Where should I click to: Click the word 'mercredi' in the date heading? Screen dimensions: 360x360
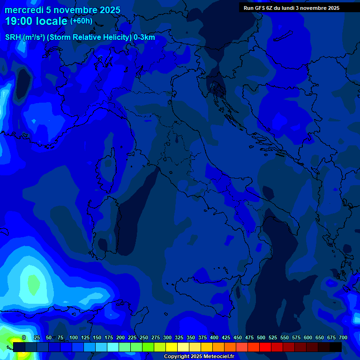[24, 10]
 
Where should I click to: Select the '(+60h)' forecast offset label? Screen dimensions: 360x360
[81, 21]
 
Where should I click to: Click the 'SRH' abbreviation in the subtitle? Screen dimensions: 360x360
[13, 37]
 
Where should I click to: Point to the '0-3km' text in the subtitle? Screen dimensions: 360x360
[144, 37]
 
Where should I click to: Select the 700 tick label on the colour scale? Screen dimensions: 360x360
[343, 337]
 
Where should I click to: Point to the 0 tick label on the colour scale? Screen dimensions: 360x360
[24, 337]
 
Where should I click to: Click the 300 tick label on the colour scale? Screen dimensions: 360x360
[167, 337]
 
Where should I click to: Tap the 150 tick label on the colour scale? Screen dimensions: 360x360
[97, 337]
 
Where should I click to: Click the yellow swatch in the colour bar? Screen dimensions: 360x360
[172, 347]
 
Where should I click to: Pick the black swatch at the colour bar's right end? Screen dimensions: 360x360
[336, 347]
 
